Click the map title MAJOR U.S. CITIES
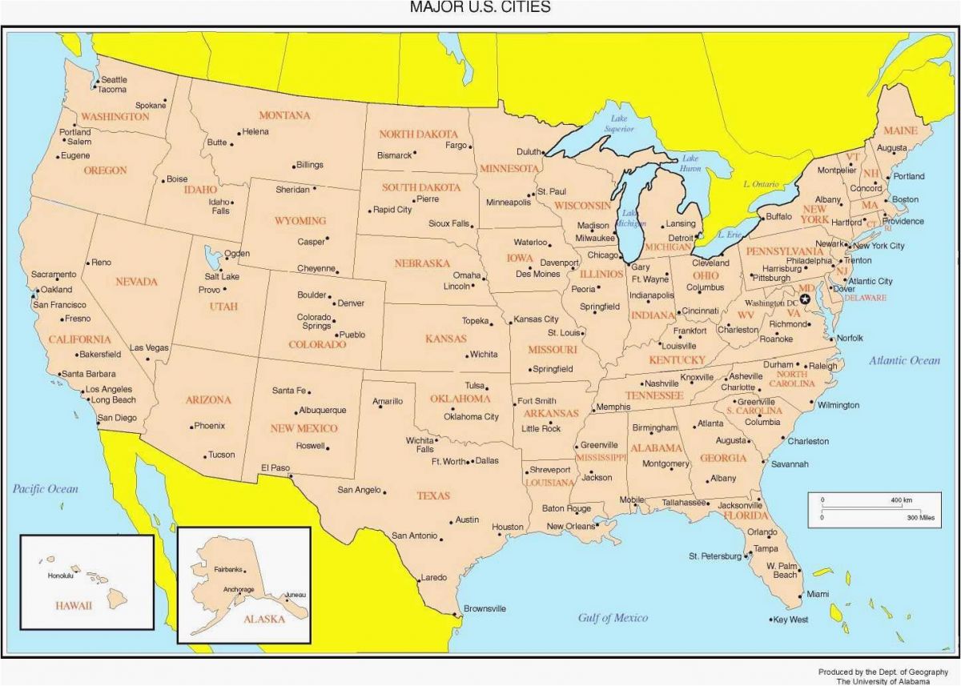coord(480,8)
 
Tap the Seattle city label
coord(114,79)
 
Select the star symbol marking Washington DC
coord(806,299)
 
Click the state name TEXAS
coord(432,495)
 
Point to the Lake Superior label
coord(618,123)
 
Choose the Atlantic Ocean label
coord(904,360)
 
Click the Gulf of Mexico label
coord(613,617)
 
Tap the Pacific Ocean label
coord(45,488)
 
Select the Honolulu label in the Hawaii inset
coord(60,576)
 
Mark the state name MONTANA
coord(283,115)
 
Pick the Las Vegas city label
coord(149,347)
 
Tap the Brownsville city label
coord(485,608)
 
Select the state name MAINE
coord(900,130)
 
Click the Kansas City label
coord(536,319)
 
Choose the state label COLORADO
coord(317,344)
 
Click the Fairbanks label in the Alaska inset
coord(228,569)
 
